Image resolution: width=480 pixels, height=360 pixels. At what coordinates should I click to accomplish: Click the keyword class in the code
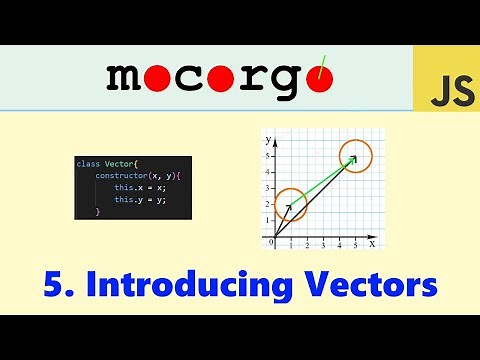click(89, 163)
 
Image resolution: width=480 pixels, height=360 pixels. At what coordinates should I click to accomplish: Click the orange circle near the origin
click(290, 206)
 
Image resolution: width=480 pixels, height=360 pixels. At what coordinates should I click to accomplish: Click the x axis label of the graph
click(372, 243)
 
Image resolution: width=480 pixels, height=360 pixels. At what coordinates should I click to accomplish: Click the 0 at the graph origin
click(270, 242)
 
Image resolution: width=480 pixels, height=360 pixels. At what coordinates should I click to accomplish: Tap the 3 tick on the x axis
click(323, 244)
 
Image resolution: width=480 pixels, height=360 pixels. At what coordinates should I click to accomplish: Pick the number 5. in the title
click(58, 285)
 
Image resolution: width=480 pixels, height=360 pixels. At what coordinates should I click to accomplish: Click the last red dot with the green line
click(319, 77)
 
